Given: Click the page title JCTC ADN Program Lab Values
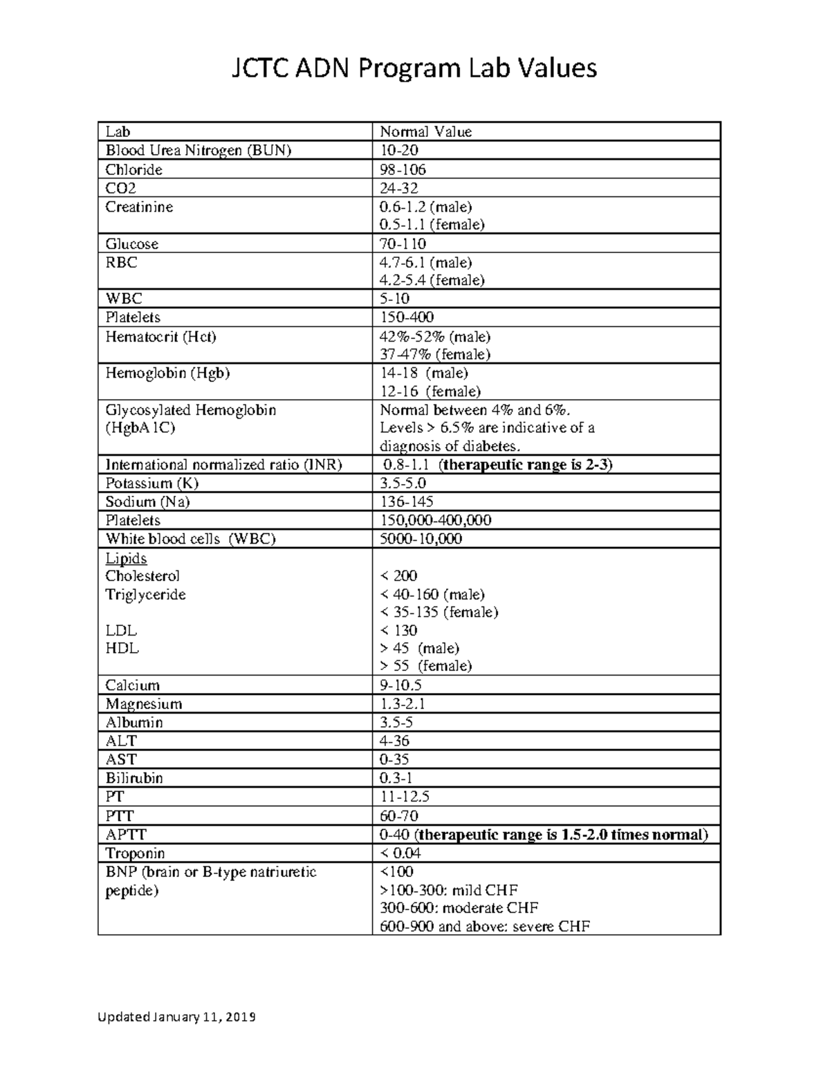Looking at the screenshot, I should pyautogui.click(x=414, y=68).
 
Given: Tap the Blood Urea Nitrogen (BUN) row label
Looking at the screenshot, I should pyautogui.click(x=198, y=150).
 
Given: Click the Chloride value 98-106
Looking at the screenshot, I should pyautogui.click(x=403, y=169).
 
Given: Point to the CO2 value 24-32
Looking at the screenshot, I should pyautogui.click(x=399, y=188).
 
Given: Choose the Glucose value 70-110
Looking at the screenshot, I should pyautogui.click(x=403, y=243).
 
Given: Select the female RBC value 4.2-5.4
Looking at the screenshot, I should pyautogui.click(x=432, y=280).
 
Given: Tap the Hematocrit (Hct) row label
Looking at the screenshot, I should pyautogui.click(x=160, y=337).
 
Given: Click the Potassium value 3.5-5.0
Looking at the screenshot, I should pyautogui.click(x=403, y=483).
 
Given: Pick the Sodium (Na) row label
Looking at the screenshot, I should pyautogui.click(x=147, y=502).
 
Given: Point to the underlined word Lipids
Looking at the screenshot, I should pyautogui.click(x=126, y=558).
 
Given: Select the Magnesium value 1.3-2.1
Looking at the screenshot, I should pyautogui.click(x=403, y=704).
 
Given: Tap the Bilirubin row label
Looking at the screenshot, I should pyautogui.click(x=134, y=778).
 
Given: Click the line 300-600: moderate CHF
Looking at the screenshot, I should pyautogui.click(x=459, y=908).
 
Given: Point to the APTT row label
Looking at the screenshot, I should pyautogui.click(x=126, y=835).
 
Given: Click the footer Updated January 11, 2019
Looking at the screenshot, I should pyautogui.click(x=176, y=1017).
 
